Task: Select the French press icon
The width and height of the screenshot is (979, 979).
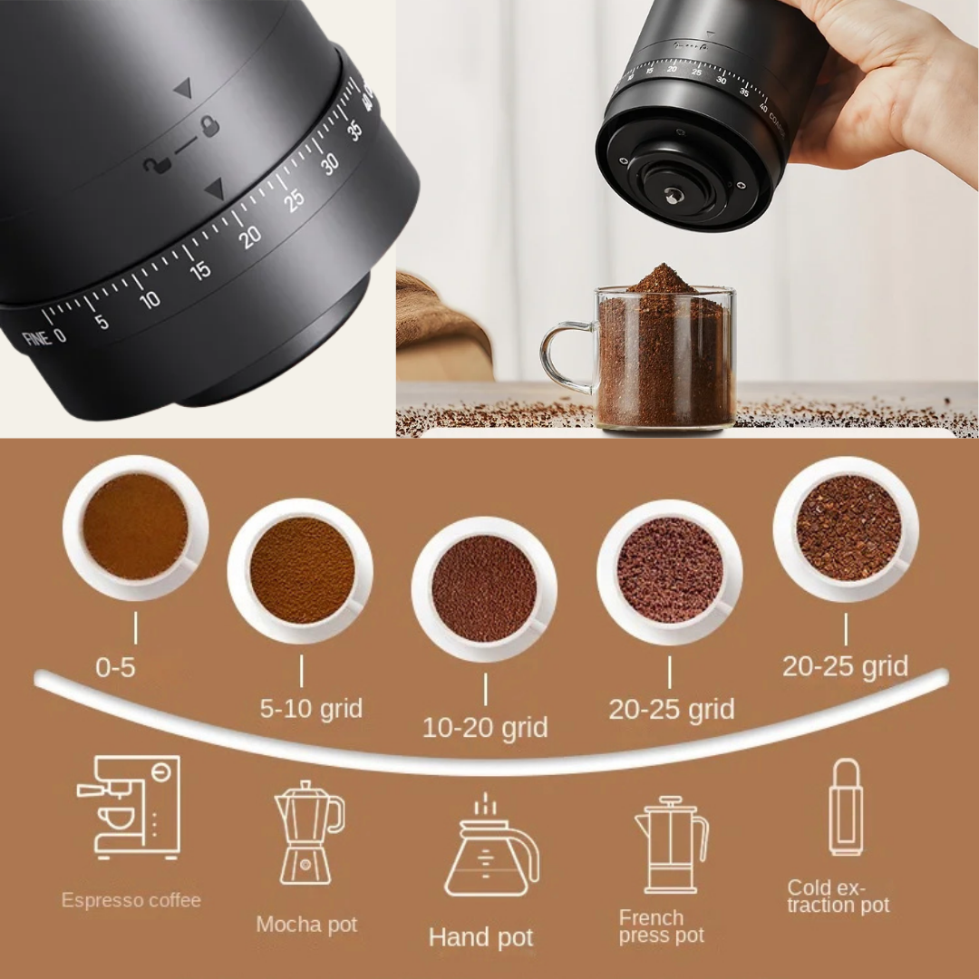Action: click(671, 845)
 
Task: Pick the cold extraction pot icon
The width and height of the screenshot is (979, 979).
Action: click(845, 807)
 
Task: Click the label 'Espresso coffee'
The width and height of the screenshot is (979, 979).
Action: click(131, 900)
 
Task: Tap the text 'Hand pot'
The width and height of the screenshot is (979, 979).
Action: click(480, 936)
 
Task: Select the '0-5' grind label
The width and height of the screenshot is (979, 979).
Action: click(115, 668)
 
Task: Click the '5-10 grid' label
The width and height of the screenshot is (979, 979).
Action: click(311, 708)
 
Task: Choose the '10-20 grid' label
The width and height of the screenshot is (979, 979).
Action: click(485, 727)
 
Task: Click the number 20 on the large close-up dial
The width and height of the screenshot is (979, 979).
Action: click(250, 235)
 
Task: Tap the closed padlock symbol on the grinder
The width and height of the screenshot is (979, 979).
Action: click(210, 126)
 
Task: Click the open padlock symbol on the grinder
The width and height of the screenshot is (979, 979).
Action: click(153, 166)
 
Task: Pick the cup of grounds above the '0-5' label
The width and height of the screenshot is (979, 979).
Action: click(136, 528)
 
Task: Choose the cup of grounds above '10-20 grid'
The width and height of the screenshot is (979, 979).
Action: click(484, 588)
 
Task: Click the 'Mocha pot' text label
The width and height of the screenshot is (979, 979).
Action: click(306, 925)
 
